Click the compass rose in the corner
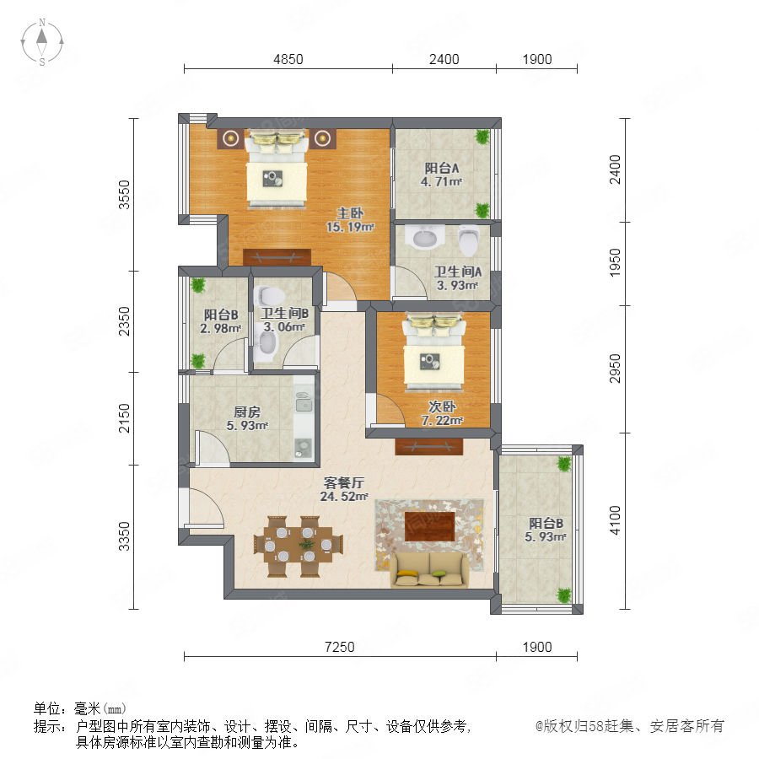(42, 42)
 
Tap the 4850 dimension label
(288, 59)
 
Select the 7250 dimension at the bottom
(339, 647)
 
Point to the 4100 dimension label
(614, 519)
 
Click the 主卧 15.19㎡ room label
(350, 220)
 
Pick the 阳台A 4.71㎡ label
(441, 175)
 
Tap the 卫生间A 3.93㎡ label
(457, 278)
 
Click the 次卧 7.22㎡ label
(442, 413)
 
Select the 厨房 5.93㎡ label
(247, 418)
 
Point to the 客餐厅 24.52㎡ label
(344, 489)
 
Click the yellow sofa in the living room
(430, 570)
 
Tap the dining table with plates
(299, 546)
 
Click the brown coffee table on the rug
(429, 526)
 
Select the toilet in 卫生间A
(469, 240)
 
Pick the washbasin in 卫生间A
(425, 237)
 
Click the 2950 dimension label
(614, 369)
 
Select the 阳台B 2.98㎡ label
(221, 321)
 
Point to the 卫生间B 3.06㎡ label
(285, 320)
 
